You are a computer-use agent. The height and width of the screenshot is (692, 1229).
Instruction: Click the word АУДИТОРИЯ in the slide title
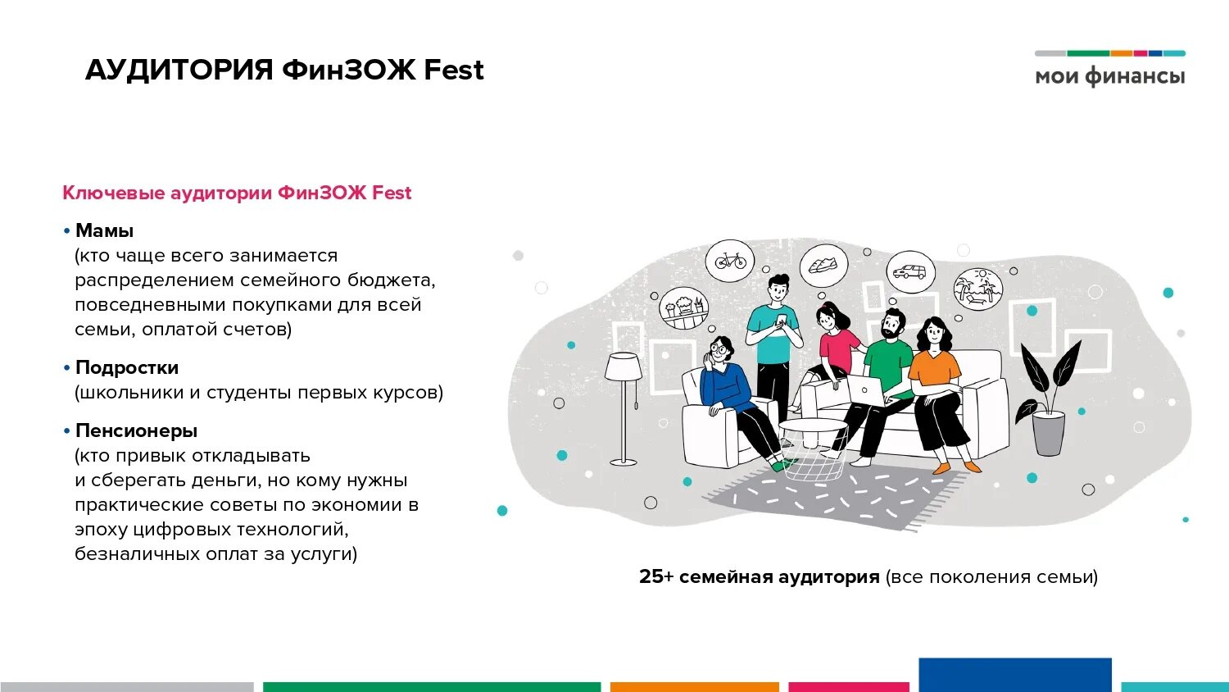pyautogui.click(x=179, y=70)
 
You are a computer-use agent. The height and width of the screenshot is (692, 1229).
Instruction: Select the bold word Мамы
pyautogui.click(x=104, y=230)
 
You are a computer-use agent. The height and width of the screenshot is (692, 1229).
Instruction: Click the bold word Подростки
pyautogui.click(x=127, y=367)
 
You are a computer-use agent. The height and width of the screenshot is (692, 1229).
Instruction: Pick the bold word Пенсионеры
pyautogui.click(x=136, y=430)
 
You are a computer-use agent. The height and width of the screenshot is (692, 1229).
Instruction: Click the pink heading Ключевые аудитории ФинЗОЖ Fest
pyautogui.click(x=237, y=193)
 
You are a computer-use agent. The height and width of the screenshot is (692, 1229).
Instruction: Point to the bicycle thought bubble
pyautogui.click(x=730, y=261)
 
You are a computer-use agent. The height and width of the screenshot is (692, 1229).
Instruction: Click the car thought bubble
pyautogui.click(x=909, y=271)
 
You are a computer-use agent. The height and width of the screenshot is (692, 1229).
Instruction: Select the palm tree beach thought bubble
pyautogui.click(x=978, y=289)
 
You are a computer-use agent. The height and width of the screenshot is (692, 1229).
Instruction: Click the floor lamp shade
pyautogui.click(x=624, y=366)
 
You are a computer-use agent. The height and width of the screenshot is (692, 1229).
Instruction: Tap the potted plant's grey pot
pyautogui.click(x=1049, y=432)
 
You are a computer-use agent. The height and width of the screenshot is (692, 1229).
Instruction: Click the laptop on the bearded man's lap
pyautogui.click(x=867, y=391)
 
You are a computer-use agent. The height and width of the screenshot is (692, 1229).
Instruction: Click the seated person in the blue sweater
pyautogui.click(x=726, y=384)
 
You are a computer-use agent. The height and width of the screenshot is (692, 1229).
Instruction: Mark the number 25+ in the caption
pyautogui.click(x=655, y=576)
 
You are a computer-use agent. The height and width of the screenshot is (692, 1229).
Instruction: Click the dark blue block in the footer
pyautogui.click(x=1014, y=674)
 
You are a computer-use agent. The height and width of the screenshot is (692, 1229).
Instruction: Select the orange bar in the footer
pyautogui.click(x=694, y=687)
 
